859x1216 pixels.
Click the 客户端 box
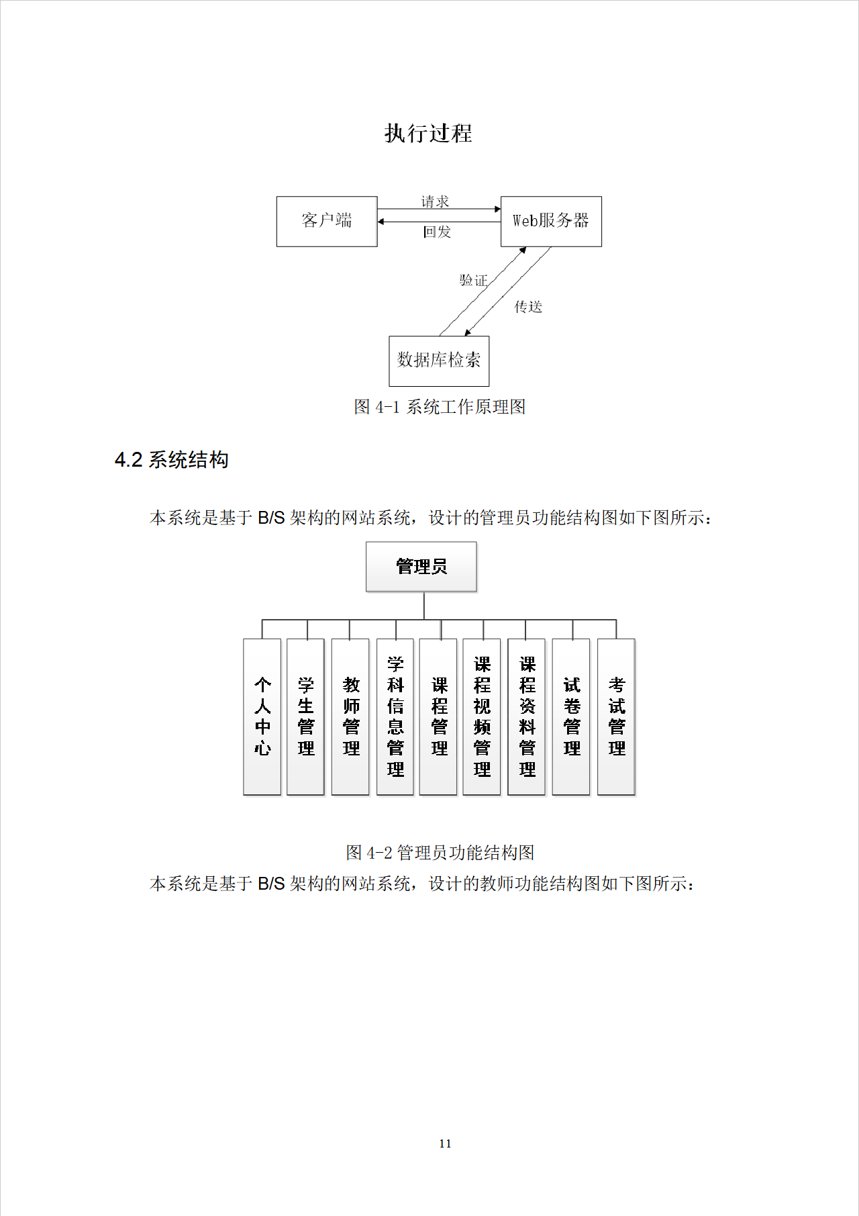pos(327,221)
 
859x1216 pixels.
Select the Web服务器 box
pos(551,221)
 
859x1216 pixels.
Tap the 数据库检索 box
pos(439,361)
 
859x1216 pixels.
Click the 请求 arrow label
pos(435,201)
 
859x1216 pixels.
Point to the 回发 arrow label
pos(437,232)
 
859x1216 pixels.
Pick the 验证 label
pos(473,280)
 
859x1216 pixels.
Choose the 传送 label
pos(528,307)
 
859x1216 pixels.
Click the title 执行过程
pos(428,133)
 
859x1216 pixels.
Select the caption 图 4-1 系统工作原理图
pos(440,407)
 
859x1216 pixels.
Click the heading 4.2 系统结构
pos(172,460)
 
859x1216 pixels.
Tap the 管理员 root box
pos(421,567)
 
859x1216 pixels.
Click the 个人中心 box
pos(262,716)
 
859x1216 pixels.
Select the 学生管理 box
pos(306,716)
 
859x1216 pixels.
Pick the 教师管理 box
pos(351,716)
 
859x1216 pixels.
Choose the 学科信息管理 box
pos(395,716)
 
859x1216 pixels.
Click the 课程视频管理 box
pos(482,716)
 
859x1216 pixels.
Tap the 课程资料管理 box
pos(527,716)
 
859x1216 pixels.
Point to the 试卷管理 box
pos(572,716)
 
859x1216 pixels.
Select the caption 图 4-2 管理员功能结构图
pos(440,853)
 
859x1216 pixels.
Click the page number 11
pos(445,1143)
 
